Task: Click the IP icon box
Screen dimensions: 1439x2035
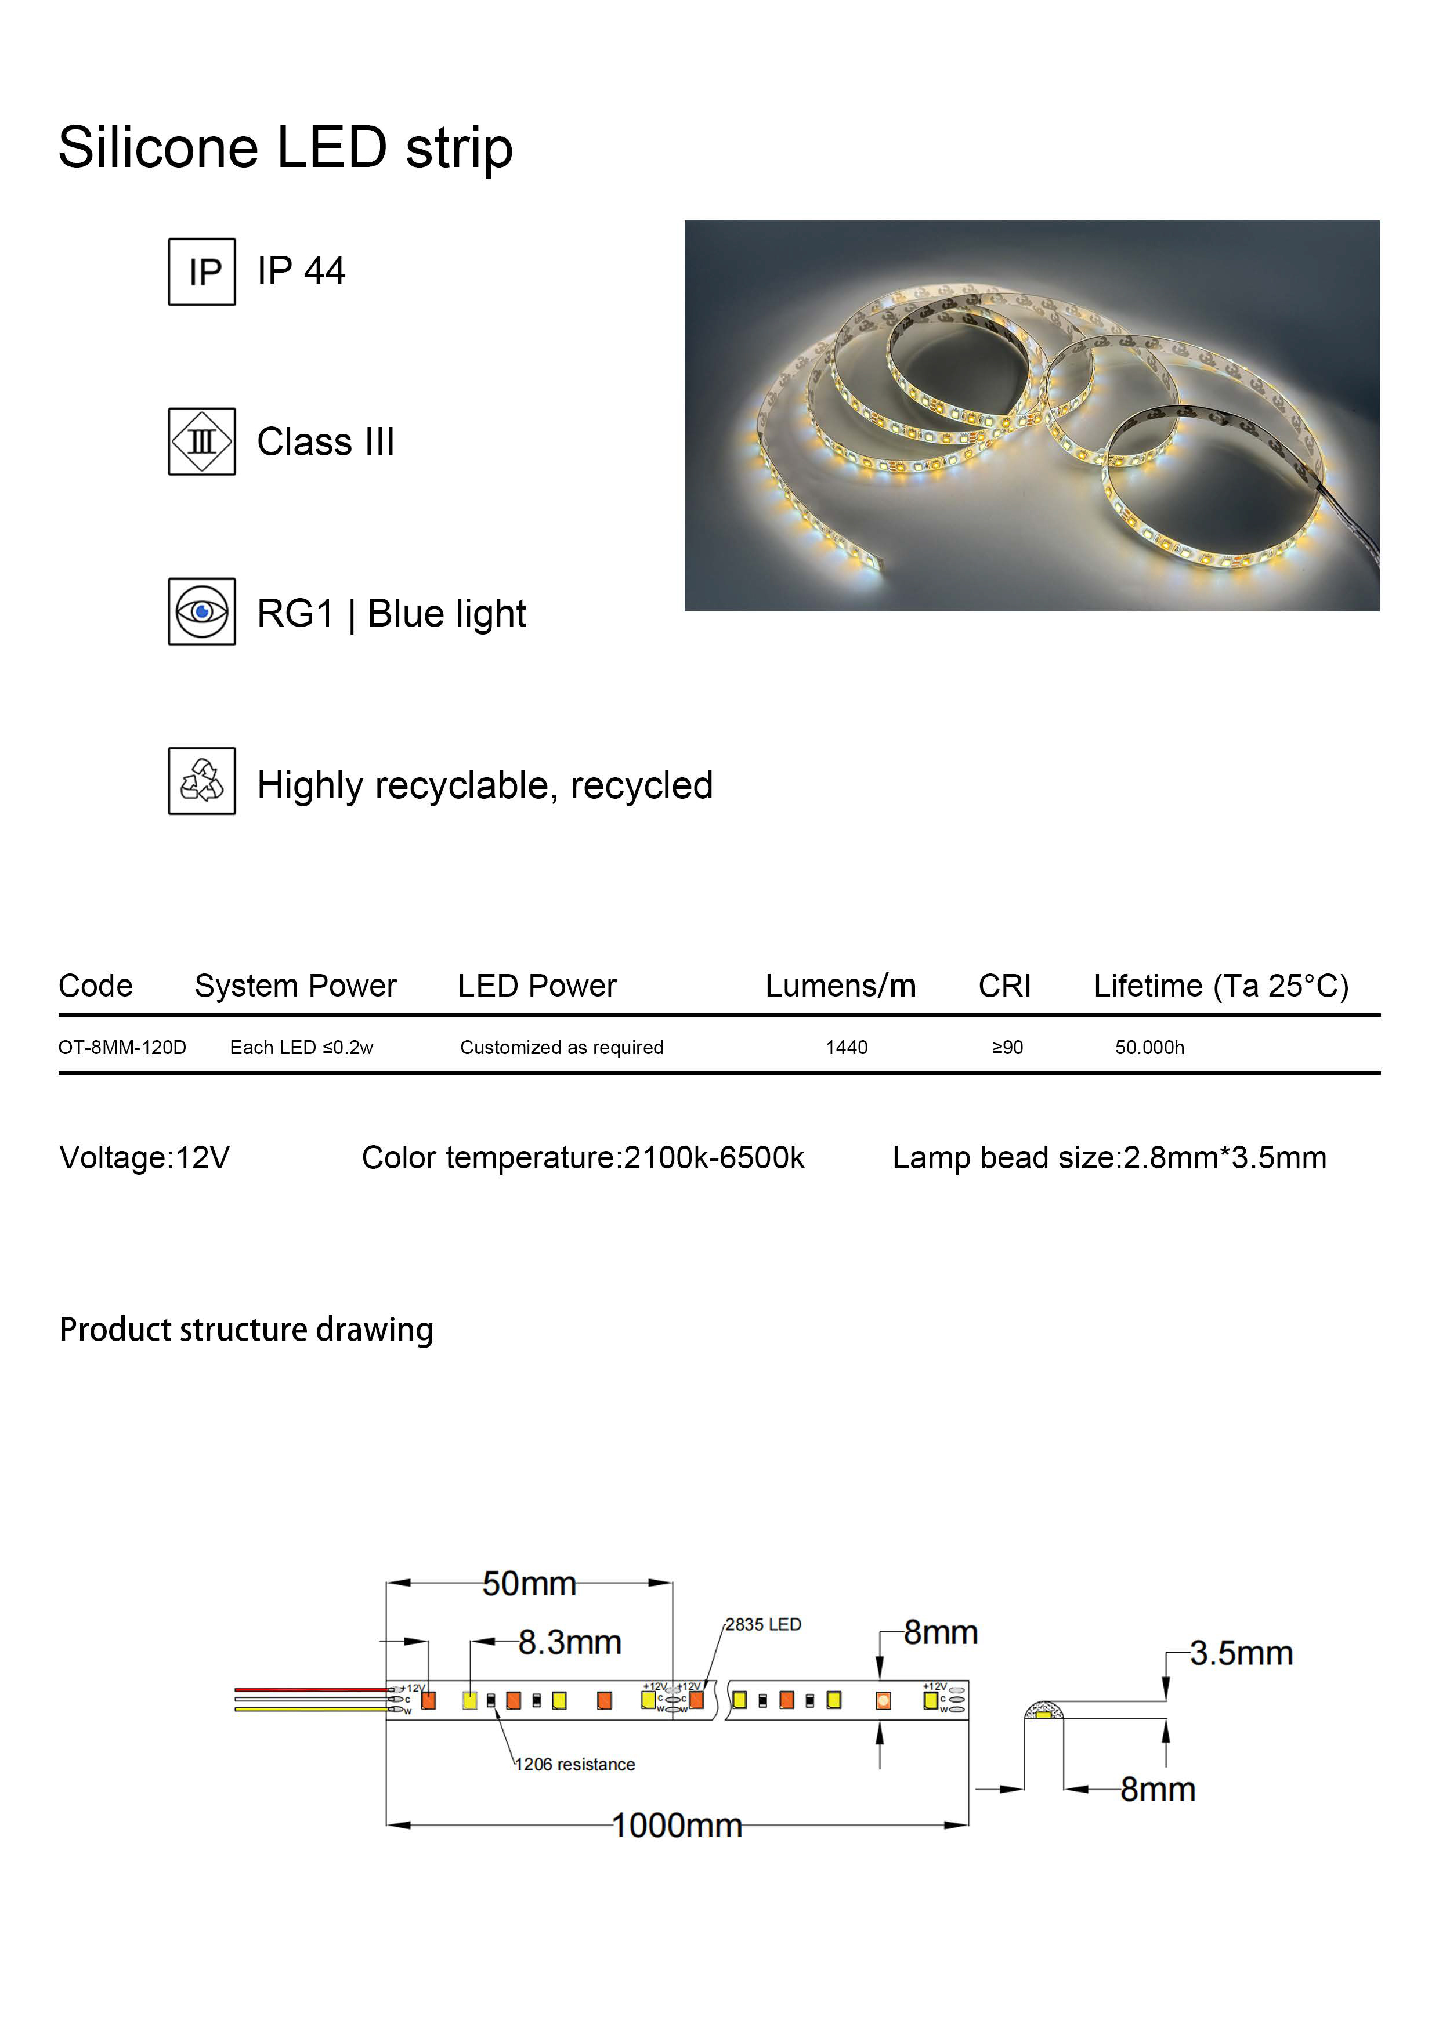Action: (202, 272)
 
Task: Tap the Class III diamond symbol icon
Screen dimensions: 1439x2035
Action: (202, 441)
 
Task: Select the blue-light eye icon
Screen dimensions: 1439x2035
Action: (202, 611)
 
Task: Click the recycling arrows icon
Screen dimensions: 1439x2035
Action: (202, 781)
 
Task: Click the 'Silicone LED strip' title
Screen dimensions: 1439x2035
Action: (285, 147)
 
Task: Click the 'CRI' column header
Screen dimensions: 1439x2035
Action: (1004, 986)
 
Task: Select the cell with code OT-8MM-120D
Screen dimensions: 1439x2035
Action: (122, 1048)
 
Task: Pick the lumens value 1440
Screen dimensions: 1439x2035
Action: (847, 1048)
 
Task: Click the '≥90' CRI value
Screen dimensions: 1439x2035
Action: (1007, 1048)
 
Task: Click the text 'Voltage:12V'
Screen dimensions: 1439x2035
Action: (144, 1157)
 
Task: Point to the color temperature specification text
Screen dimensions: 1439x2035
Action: (583, 1157)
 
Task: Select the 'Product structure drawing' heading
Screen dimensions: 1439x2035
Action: (247, 1330)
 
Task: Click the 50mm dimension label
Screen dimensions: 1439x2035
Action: (529, 1584)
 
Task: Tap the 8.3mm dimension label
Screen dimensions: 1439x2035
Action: (569, 1642)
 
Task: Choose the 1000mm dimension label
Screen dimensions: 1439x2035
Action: (677, 1825)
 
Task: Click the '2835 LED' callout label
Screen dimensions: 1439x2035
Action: (764, 1625)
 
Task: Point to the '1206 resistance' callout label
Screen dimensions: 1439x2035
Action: (576, 1765)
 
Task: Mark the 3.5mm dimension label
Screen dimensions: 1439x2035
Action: (1241, 1653)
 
